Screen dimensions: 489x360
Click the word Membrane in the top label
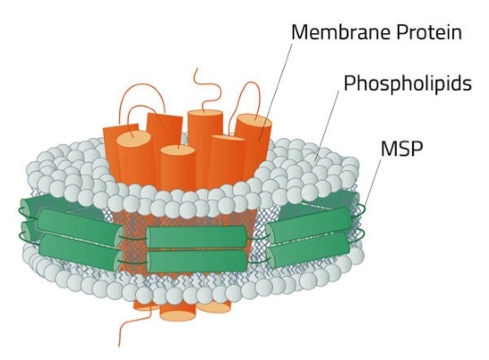coord(341,32)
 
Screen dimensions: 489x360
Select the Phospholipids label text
coord(407,83)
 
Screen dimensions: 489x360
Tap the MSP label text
coord(401,149)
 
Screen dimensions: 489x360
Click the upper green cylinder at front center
coord(197,237)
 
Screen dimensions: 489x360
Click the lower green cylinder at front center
coord(197,261)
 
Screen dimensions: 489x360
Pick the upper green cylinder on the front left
coord(80,224)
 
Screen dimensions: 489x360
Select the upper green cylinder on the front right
coord(309,226)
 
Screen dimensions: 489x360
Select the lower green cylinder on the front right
coord(309,250)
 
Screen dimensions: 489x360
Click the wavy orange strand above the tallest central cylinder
coord(207,90)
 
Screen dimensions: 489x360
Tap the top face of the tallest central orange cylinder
coord(205,113)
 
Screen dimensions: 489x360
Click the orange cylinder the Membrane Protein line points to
coord(253,147)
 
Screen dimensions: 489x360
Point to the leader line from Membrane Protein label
coord(276,92)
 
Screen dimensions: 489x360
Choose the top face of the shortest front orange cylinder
coord(178,150)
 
